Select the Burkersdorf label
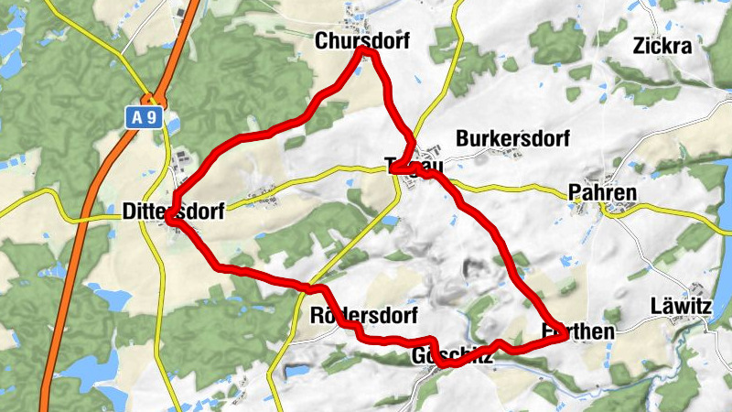[512, 139]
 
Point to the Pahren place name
[601, 192]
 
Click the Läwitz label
[680, 306]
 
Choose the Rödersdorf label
[364, 316]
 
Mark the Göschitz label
[452, 355]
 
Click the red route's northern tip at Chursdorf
[365, 52]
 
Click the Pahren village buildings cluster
[610, 212]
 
